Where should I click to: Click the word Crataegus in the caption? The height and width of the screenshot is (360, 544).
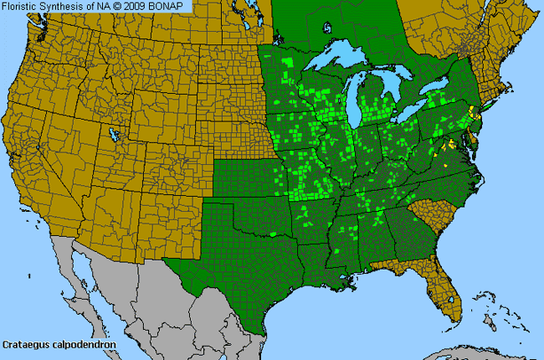(26, 344)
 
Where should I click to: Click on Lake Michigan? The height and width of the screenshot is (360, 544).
(362, 105)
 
